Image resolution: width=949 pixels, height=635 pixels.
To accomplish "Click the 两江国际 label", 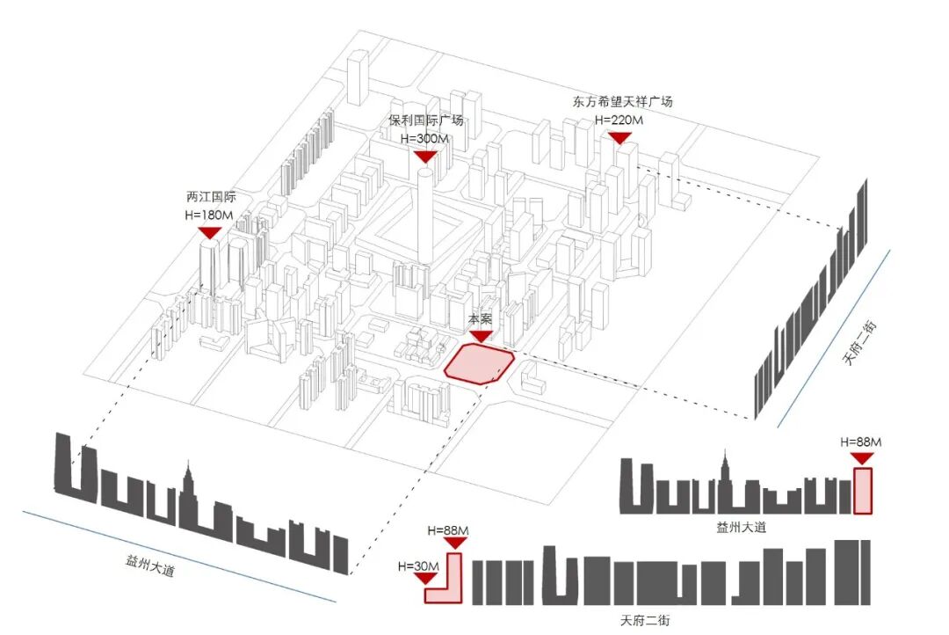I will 210,197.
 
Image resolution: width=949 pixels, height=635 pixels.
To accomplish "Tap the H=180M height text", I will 210,215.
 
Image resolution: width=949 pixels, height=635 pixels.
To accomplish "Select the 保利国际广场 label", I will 425,120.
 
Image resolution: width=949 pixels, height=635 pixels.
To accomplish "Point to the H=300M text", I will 425,139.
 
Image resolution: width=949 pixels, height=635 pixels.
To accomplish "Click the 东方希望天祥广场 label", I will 621,101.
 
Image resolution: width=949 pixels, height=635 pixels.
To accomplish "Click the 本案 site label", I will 480,320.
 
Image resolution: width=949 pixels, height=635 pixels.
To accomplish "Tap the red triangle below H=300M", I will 425,157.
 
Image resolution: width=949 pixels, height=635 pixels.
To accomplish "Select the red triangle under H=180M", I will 210,233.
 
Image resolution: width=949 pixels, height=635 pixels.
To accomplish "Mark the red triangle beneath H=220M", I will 620,137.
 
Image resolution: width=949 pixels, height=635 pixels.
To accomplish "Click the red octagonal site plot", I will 479,364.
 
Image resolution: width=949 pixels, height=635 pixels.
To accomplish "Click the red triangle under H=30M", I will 424,579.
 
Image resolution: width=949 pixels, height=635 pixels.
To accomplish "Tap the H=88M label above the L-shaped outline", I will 447,530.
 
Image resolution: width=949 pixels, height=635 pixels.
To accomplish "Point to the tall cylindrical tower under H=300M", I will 424,215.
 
